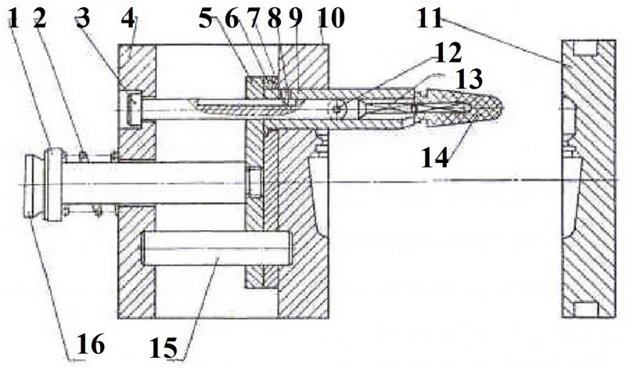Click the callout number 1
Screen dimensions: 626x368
[15, 19]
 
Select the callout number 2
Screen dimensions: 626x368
[40, 19]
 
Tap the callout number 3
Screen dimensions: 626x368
[83, 19]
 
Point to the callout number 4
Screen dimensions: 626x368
[128, 19]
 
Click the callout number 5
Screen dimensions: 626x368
[206, 19]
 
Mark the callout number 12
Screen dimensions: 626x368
[448, 53]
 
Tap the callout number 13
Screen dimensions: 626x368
[469, 79]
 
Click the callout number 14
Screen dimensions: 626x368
[435, 157]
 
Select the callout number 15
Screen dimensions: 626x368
[164, 348]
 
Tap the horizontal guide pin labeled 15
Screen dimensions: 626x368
[218, 248]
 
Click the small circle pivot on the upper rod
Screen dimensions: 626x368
[339, 107]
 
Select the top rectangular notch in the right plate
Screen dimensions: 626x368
[585, 48]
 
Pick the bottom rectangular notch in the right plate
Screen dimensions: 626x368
[585, 309]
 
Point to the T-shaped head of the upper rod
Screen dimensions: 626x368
[132, 108]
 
